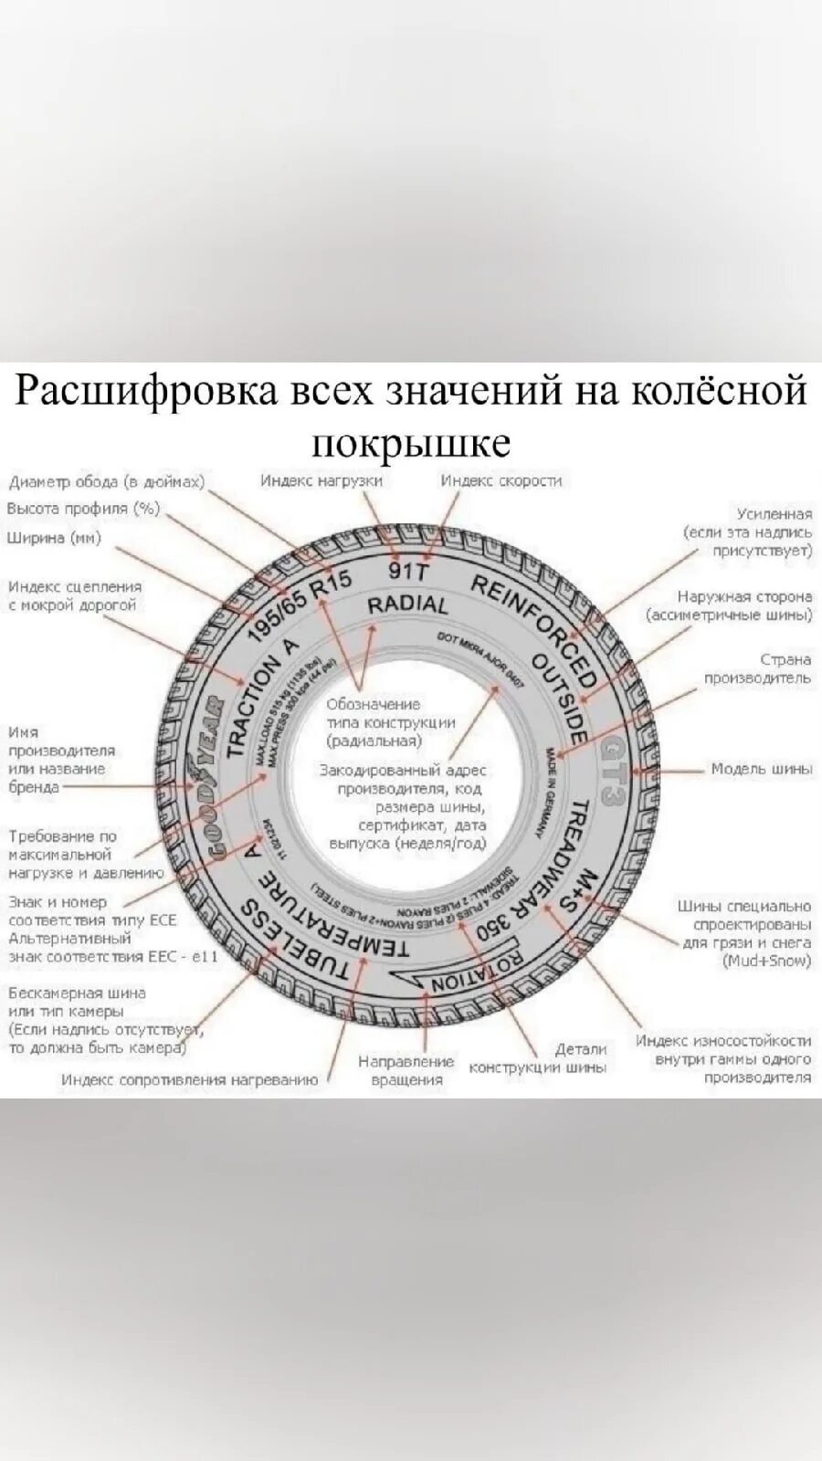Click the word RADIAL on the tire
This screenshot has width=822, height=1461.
407,605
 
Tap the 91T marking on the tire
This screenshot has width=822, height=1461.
408,572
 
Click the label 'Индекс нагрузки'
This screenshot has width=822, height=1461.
321,480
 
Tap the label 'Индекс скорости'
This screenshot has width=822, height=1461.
501,480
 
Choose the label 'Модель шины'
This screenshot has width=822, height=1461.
761,769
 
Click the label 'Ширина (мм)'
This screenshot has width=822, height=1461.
54,538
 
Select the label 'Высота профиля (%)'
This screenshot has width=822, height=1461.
83,509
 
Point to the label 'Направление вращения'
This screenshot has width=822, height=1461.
406,1070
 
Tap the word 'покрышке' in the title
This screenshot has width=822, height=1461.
411,442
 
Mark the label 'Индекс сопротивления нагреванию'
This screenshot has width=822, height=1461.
190,1080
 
